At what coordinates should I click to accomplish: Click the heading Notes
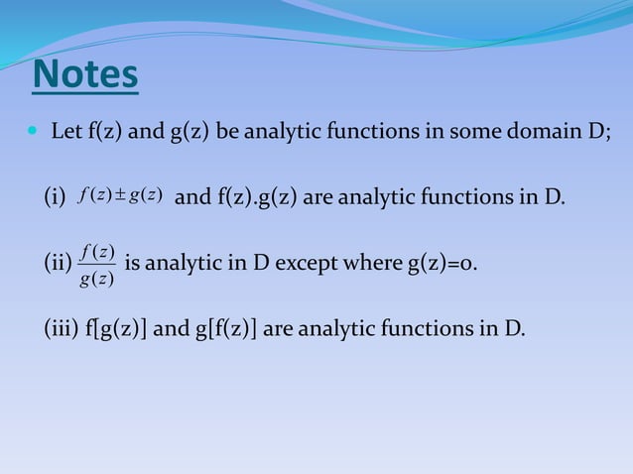coord(85,77)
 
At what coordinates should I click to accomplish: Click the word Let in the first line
coord(66,132)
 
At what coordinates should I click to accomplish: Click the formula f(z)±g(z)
coord(118,197)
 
